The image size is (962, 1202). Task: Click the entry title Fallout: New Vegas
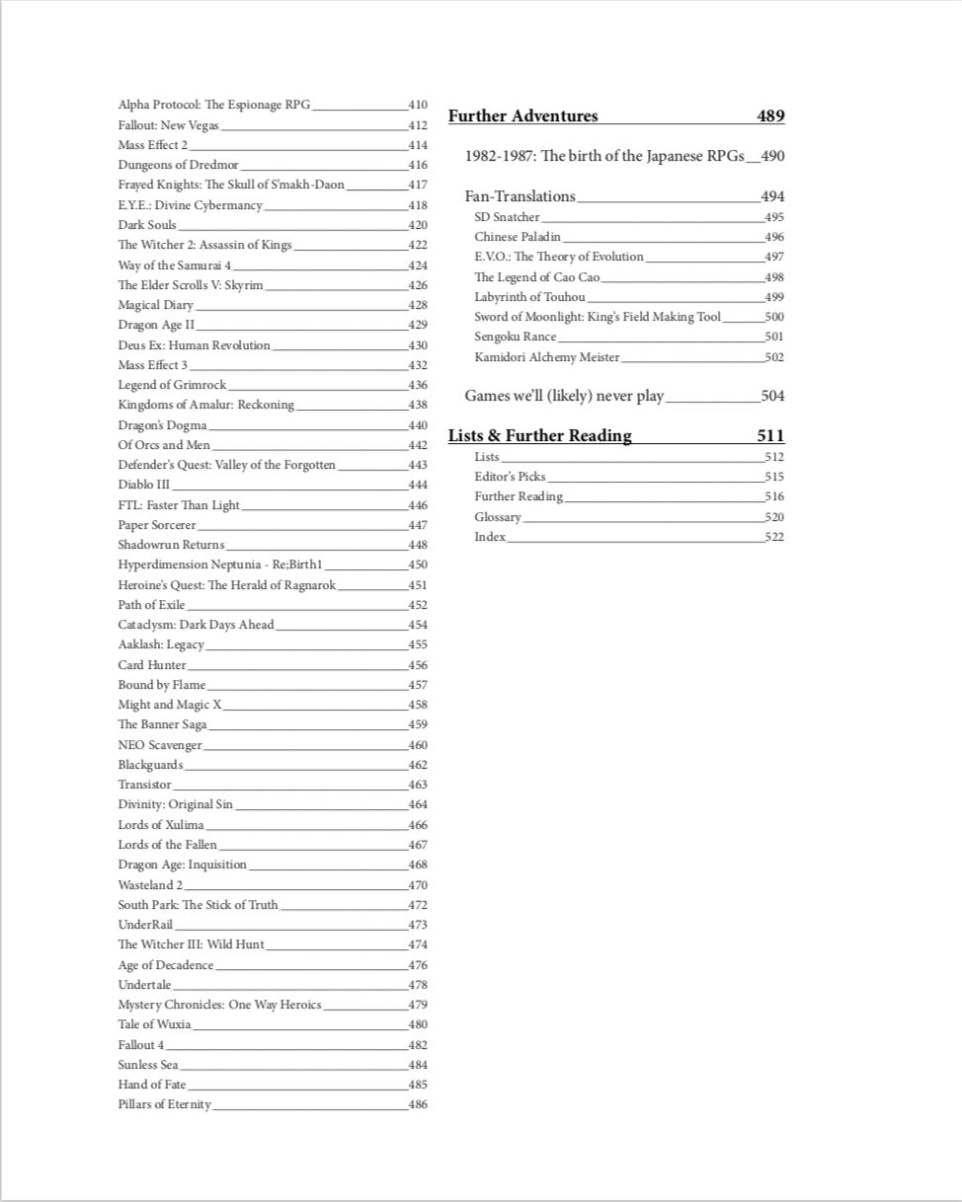click(x=168, y=125)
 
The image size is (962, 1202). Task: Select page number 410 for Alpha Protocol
click(x=418, y=105)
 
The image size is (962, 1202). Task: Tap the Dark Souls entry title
click(x=147, y=225)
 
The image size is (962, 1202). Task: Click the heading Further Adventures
click(x=522, y=116)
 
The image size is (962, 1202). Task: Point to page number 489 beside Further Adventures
click(x=770, y=116)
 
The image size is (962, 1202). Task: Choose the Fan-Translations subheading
click(x=520, y=196)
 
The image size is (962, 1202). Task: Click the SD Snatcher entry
click(x=507, y=217)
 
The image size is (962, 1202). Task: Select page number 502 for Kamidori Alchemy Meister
click(x=774, y=357)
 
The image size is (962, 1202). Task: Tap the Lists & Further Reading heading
click(x=539, y=436)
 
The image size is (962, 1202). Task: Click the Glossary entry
click(x=498, y=517)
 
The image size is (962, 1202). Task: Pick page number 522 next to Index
click(x=774, y=537)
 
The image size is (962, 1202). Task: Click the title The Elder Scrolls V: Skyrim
click(x=191, y=285)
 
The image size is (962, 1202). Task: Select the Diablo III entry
click(x=144, y=485)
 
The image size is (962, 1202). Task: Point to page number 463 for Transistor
click(x=418, y=786)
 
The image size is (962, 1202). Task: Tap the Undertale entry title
click(x=144, y=985)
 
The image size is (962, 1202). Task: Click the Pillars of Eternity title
click(x=164, y=1104)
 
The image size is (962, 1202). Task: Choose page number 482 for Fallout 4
click(x=418, y=1045)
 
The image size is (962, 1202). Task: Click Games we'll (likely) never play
click(x=564, y=396)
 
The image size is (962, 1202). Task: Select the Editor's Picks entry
click(x=510, y=477)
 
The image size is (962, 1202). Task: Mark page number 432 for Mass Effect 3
click(x=418, y=365)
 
